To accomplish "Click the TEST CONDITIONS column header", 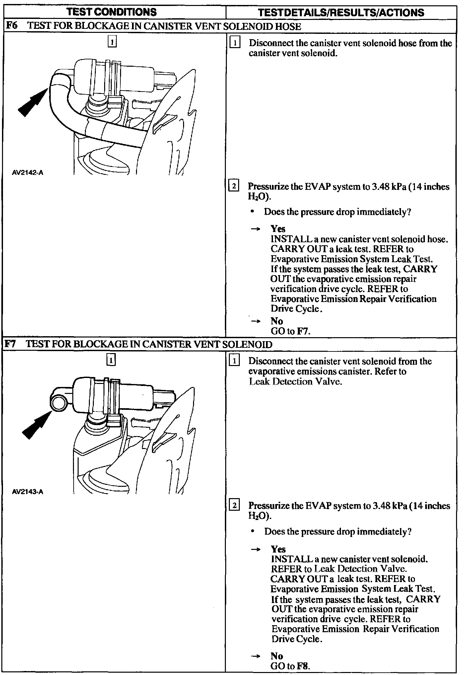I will [111, 12].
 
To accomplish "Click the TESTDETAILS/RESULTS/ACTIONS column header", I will [341, 13].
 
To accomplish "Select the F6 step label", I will [12, 26].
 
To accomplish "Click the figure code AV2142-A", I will [28, 173].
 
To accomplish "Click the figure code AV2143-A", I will [28, 491].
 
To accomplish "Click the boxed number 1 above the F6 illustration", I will [112, 42].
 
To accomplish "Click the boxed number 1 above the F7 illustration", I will [111, 360].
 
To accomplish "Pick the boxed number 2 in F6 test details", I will [234, 186].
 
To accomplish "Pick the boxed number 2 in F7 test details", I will [234, 505].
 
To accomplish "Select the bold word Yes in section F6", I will [278, 229].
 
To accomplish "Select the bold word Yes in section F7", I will [278, 549].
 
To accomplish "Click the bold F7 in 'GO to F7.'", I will [304, 331].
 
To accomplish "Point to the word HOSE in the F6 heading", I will [288, 26].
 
